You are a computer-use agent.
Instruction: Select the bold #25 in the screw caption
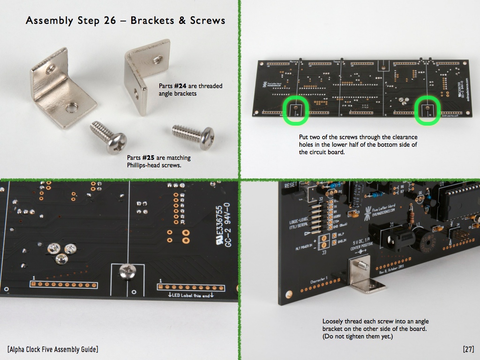point(153,158)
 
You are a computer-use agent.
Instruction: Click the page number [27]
point(468,349)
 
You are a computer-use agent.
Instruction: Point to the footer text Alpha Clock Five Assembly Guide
point(53,349)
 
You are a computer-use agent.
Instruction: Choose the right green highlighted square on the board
point(427,111)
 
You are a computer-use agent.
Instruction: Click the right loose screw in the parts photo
point(193,136)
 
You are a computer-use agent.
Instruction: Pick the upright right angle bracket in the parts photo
point(145,75)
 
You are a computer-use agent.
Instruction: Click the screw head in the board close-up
point(127,271)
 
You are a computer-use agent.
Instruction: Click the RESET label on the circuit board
point(290,185)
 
